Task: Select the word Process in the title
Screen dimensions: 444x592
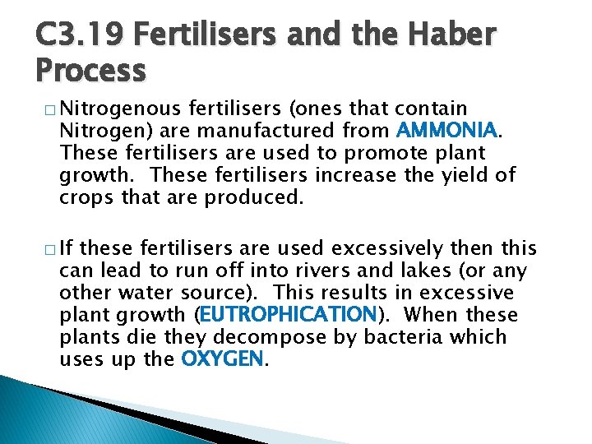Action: tap(90, 71)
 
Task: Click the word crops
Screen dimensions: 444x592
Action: tap(83, 197)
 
